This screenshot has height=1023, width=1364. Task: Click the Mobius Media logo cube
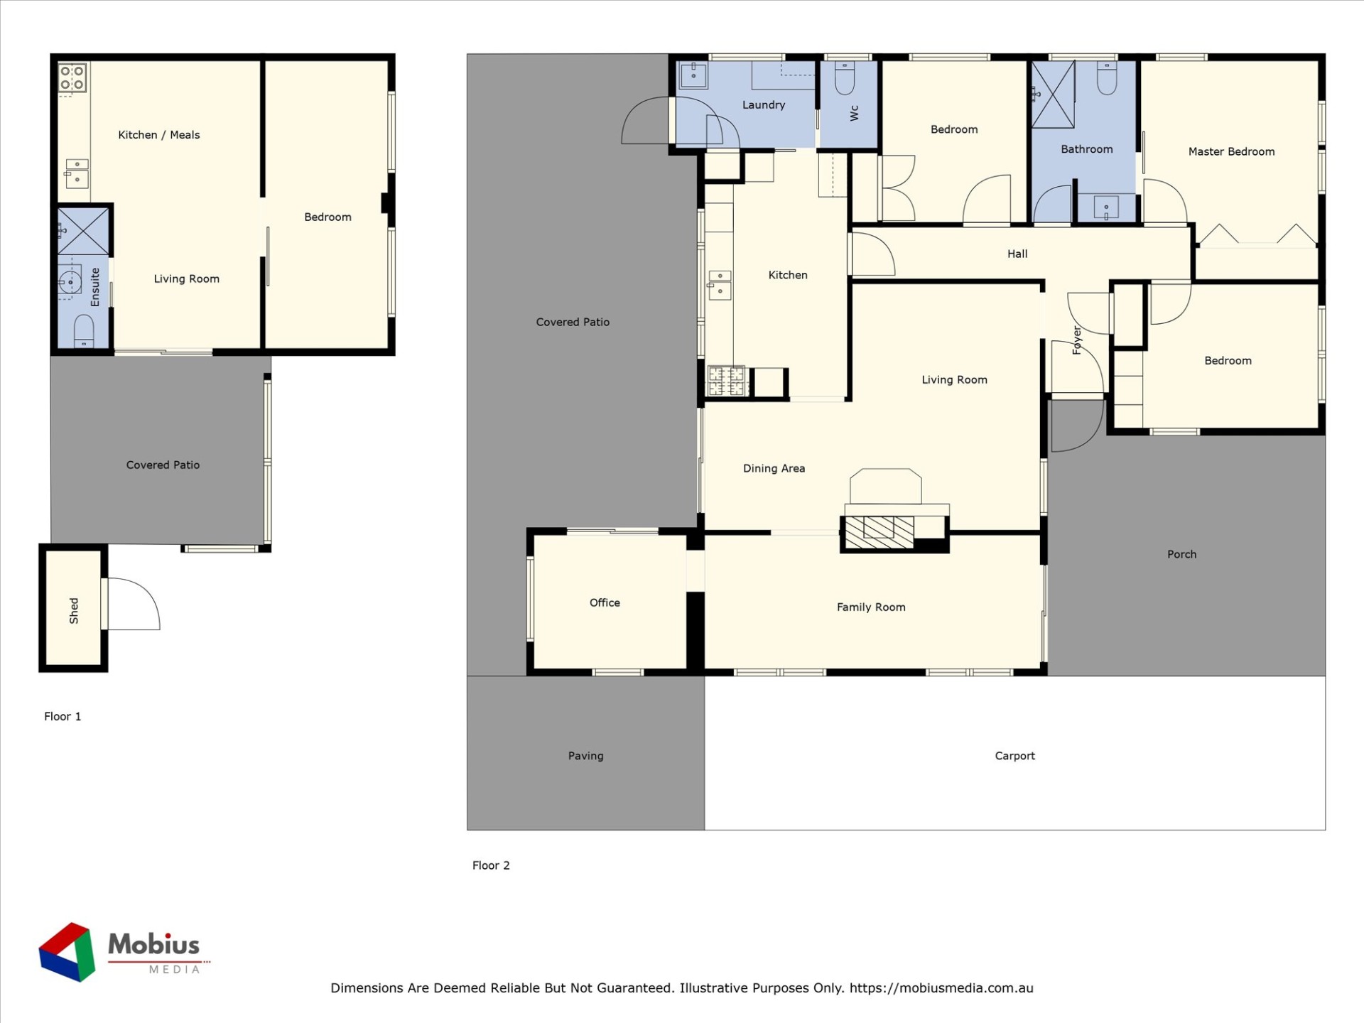tap(67, 952)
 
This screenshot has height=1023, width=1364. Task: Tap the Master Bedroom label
tap(1231, 151)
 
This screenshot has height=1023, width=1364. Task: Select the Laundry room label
tap(764, 105)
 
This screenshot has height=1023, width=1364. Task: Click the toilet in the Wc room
tap(845, 78)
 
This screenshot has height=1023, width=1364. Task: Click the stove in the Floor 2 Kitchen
tap(726, 380)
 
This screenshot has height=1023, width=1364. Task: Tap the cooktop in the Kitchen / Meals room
tap(72, 78)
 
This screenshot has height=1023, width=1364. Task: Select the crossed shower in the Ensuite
tap(83, 232)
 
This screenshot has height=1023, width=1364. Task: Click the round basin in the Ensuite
tap(70, 282)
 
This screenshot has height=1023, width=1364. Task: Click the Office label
tap(605, 602)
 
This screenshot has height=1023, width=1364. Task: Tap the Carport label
tap(1014, 756)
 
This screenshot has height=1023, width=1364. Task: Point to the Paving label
tap(585, 756)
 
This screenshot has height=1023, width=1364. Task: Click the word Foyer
tap(1077, 340)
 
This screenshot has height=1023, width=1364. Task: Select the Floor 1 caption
tap(63, 716)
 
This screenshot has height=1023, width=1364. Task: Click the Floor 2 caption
tap(491, 865)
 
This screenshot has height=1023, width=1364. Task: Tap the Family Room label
tap(871, 607)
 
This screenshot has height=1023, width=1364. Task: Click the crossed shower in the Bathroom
tap(1053, 95)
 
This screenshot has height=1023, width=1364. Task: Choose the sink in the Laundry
tap(693, 75)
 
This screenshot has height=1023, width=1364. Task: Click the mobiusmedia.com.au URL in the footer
tap(941, 988)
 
